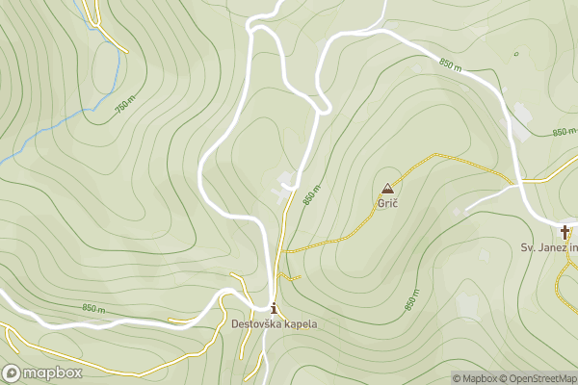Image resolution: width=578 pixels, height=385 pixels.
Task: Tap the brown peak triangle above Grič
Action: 387,189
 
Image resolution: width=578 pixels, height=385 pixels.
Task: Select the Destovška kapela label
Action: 274,324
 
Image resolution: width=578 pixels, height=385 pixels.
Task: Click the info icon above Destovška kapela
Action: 275,309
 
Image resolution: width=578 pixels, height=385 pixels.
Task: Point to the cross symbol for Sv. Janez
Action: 565,232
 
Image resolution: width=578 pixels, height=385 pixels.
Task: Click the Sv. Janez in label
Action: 549,247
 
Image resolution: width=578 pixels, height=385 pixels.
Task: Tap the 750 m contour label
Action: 125,105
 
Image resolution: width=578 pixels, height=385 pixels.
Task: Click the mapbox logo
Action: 42,372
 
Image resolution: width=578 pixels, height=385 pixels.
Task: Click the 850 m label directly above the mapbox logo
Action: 93,309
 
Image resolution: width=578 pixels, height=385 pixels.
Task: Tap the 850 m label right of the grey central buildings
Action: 309,194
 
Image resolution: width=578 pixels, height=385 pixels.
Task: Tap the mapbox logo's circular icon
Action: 12,372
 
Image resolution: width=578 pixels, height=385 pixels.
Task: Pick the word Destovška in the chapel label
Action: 254,324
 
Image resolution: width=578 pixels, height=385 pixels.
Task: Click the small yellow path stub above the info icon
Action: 292,278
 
